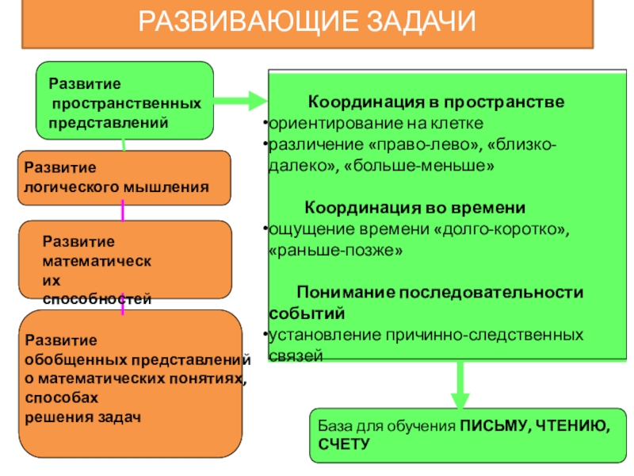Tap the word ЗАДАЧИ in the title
click(x=421, y=21)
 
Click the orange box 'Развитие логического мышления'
click(x=124, y=178)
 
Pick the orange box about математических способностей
click(x=124, y=259)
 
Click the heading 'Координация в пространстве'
click(x=436, y=104)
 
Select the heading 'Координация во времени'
click(x=415, y=208)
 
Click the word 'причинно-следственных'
click(x=467, y=334)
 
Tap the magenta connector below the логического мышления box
click(x=123, y=210)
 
